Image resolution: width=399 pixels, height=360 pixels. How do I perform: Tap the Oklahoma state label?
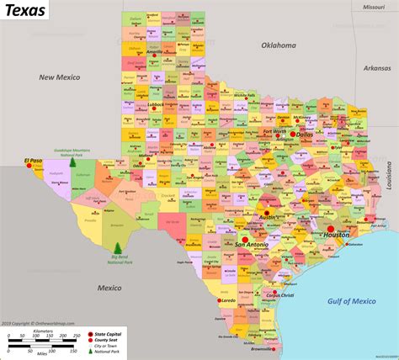pyautogui.click(x=279, y=45)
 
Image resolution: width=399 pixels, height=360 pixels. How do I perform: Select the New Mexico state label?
pyautogui.click(x=56, y=77)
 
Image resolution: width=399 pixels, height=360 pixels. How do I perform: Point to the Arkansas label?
pyautogui.click(x=378, y=68)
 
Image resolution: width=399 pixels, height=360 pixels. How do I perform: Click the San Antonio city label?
pyautogui.click(x=251, y=244)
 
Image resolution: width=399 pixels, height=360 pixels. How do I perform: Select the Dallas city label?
pyautogui.click(x=305, y=134)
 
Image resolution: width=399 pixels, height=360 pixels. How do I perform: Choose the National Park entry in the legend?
pyautogui.click(x=109, y=352)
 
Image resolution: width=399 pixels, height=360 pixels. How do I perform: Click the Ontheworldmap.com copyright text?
pyautogui.click(x=38, y=323)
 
